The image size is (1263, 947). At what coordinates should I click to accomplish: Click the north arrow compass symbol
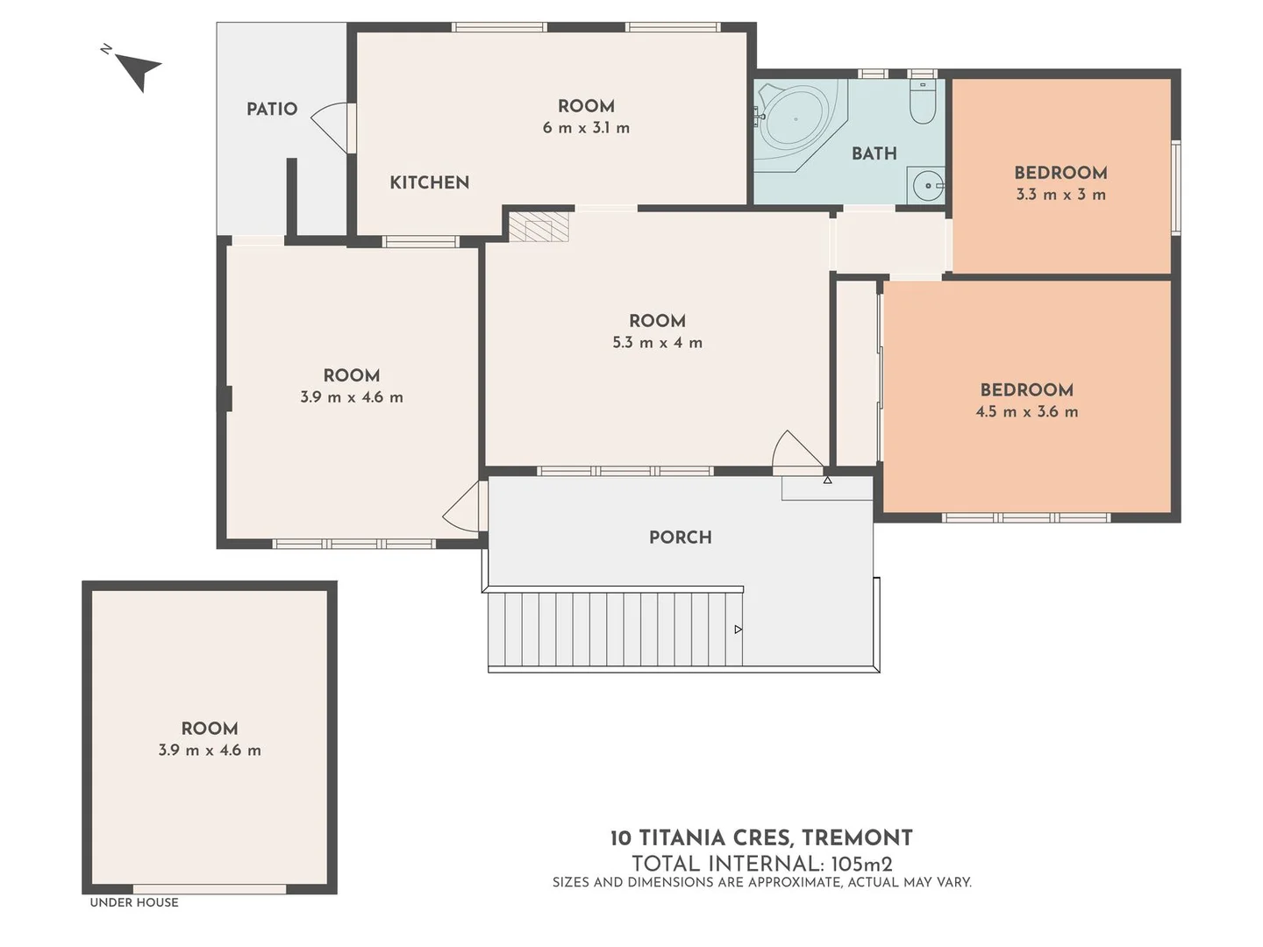[x=136, y=68]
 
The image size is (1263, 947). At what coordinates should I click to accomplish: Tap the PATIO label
[x=272, y=109]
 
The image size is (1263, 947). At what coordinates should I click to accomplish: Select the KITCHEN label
[x=429, y=182]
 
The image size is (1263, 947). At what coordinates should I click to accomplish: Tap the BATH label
[x=874, y=153]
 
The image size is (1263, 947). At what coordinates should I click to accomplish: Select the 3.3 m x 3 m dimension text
[x=1060, y=195]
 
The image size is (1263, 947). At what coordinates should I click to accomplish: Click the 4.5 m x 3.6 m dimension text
[x=1026, y=411]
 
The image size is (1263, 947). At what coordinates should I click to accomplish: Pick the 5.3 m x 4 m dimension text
[x=657, y=343]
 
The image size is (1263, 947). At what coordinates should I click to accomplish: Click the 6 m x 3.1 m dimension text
[x=586, y=128]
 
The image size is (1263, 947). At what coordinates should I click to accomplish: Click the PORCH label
[x=680, y=538]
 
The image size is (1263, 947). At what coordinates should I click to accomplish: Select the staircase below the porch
[x=614, y=629]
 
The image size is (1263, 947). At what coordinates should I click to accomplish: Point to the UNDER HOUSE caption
[x=133, y=902]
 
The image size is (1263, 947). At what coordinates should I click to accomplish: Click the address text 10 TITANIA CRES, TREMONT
[x=761, y=838]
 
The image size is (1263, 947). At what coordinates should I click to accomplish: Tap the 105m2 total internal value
[x=862, y=864]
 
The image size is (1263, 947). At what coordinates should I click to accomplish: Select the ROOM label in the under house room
[x=210, y=729]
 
